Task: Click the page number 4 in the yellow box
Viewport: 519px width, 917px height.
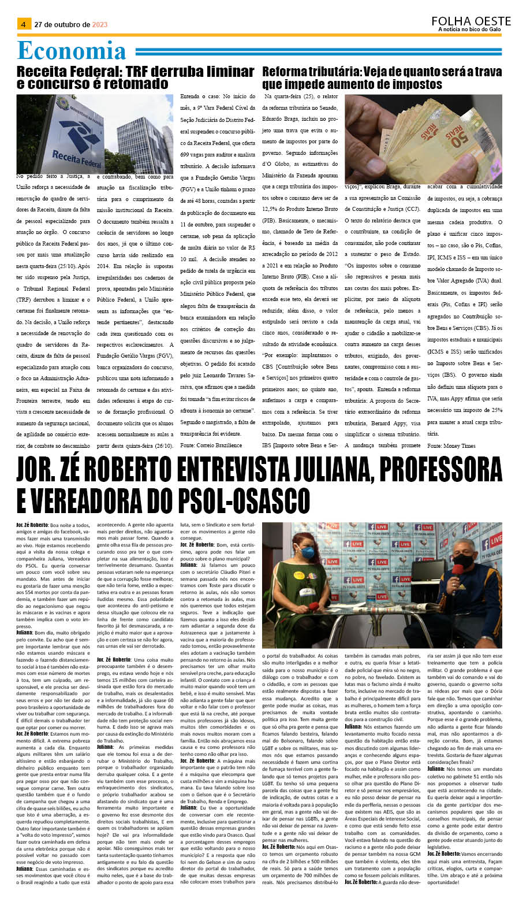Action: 23,24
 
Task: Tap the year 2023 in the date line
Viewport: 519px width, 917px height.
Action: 100,25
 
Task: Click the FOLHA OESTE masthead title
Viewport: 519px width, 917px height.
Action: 471,21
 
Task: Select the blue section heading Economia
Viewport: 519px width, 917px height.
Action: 72,51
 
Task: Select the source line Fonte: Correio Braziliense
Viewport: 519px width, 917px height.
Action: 211,445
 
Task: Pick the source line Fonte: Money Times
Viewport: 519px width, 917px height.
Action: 451,445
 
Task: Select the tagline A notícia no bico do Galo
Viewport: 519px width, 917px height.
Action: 469,29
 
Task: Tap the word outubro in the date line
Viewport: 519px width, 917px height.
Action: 69,25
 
